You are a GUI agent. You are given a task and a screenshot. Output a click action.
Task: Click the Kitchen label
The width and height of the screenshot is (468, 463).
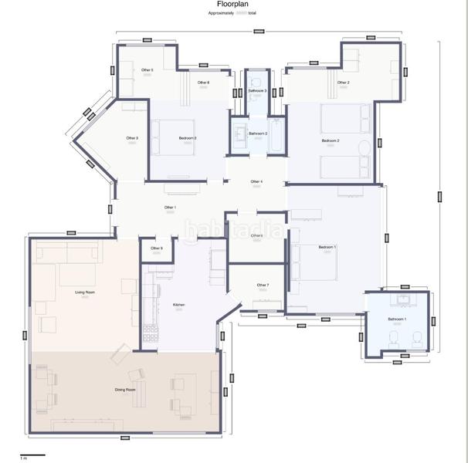(x=178, y=306)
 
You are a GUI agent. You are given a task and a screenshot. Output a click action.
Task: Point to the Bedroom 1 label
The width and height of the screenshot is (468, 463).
(x=327, y=247)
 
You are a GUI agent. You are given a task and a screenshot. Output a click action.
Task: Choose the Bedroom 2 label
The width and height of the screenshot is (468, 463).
(x=331, y=141)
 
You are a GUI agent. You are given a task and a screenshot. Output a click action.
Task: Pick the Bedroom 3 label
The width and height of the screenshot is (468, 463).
(x=188, y=138)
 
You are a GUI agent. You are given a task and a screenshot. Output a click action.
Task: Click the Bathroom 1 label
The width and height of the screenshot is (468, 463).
(x=397, y=319)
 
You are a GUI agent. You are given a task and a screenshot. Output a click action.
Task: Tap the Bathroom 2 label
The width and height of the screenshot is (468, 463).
(x=258, y=133)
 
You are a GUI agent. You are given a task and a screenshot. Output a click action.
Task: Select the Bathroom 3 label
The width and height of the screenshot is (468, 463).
(x=257, y=91)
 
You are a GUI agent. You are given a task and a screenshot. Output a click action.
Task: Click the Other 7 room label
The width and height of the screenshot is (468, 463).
(x=263, y=286)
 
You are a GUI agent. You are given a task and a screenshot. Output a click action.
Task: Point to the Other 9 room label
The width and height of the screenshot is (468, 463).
(x=156, y=248)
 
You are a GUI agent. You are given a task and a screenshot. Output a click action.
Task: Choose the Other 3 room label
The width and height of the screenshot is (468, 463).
(x=132, y=138)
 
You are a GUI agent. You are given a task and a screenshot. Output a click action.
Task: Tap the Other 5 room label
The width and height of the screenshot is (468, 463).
(x=147, y=70)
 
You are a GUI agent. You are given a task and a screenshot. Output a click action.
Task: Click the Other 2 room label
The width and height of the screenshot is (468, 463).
(x=343, y=83)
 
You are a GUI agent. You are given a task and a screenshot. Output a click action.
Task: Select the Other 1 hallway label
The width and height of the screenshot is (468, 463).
(x=170, y=208)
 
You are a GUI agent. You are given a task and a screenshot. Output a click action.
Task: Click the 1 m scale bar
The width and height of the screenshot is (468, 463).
(x=32, y=456)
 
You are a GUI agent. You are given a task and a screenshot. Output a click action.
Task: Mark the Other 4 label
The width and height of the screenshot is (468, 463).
(x=256, y=182)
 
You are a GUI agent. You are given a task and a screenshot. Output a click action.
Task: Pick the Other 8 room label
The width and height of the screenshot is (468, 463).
(x=203, y=83)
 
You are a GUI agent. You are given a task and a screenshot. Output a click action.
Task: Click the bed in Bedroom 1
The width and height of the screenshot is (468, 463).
(x=313, y=263)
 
